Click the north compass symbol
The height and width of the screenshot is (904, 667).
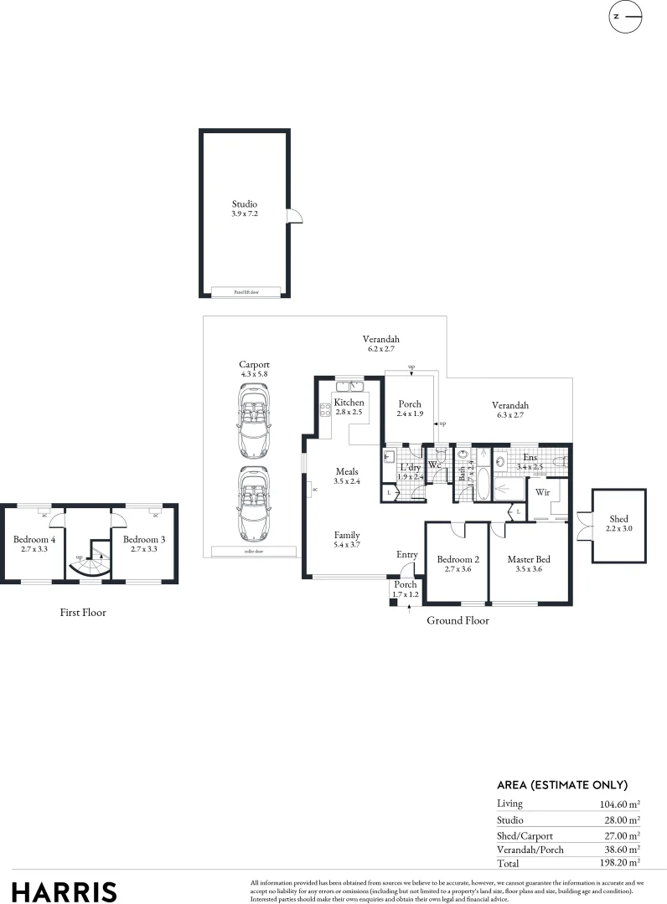click(x=623, y=16)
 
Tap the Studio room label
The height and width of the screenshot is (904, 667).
click(x=245, y=203)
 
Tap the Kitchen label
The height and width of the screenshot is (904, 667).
click(x=349, y=403)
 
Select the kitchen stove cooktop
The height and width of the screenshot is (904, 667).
click(x=325, y=410)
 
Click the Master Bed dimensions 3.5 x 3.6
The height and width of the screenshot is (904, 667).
click(x=529, y=568)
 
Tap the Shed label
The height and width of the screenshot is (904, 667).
click(x=618, y=519)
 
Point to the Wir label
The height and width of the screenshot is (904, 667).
click(x=542, y=492)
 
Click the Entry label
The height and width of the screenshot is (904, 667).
click(x=406, y=554)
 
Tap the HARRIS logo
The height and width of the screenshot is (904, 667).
click(x=64, y=891)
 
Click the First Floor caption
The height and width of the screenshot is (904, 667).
click(x=83, y=612)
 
